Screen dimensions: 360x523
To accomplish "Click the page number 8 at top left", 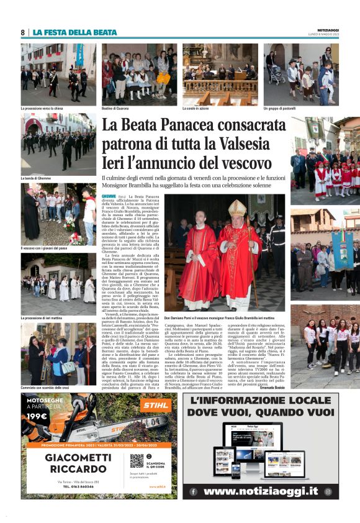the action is (22, 32).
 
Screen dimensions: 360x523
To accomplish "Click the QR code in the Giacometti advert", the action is (137, 461).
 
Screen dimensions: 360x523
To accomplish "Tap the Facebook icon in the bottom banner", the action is (192, 491).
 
